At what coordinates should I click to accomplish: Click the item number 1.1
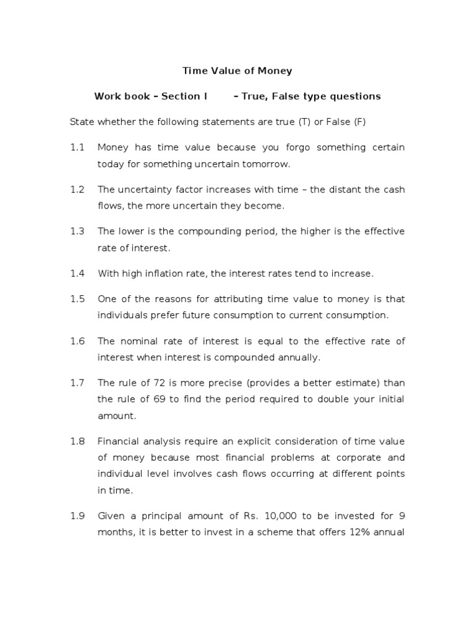[77, 147]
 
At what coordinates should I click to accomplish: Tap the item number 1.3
[77, 231]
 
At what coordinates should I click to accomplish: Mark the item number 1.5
[77, 298]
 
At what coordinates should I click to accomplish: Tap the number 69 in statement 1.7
[160, 399]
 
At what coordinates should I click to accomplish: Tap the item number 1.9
[77, 516]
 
